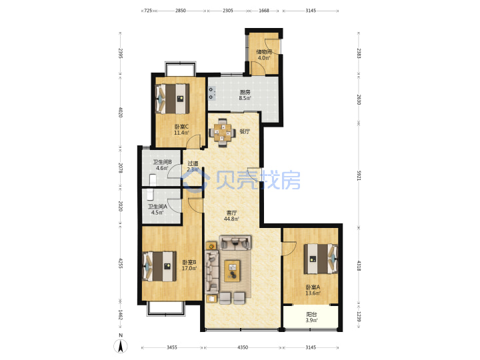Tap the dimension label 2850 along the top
click(x=180, y=11)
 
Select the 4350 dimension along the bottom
click(x=243, y=347)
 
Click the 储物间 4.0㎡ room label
click(x=264, y=55)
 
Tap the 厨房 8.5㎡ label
click(x=245, y=95)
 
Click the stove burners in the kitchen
click(x=211, y=93)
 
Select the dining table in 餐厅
click(x=223, y=133)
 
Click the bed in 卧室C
click(x=173, y=99)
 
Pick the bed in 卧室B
click(x=159, y=266)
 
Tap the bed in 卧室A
click(x=321, y=259)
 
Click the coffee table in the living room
click(x=232, y=271)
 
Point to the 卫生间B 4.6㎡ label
click(x=162, y=165)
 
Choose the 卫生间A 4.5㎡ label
click(x=157, y=209)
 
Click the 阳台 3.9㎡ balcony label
click(x=311, y=317)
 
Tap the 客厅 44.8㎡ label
click(x=231, y=215)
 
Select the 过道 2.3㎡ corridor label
click(x=193, y=166)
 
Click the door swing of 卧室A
click(x=289, y=249)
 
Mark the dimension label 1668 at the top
click(x=264, y=11)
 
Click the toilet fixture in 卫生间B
click(x=153, y=180)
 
